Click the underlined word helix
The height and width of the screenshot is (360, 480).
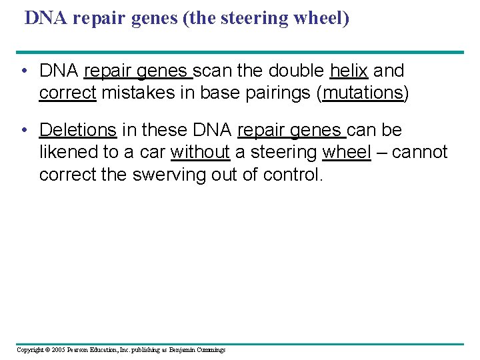349,71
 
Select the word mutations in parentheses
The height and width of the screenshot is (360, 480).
364,93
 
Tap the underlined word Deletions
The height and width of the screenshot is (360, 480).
78,129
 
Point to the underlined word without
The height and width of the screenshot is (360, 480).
200,152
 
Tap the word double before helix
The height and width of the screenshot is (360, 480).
297,71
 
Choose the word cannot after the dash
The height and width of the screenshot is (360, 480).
420,152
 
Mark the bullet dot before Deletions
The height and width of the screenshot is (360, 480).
23,130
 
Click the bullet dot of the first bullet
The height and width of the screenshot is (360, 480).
23,71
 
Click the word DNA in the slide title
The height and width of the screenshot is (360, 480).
46,18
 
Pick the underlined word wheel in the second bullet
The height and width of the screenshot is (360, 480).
347,152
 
